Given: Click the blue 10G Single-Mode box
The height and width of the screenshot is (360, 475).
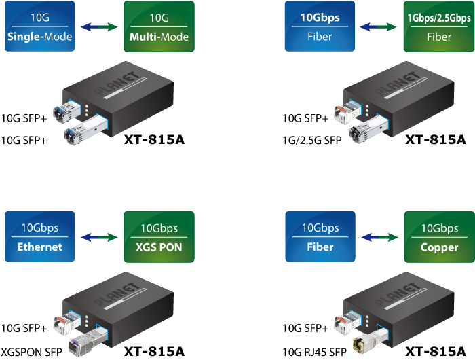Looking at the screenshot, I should [39, 28].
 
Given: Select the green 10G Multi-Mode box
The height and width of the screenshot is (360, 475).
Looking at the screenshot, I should [158, 28].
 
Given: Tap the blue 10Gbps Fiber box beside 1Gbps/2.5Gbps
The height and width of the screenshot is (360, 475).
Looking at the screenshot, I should [320, 28].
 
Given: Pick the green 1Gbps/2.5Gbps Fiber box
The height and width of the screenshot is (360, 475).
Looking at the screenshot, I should [438, 28].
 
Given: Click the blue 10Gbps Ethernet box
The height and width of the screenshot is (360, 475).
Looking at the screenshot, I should [39, 237].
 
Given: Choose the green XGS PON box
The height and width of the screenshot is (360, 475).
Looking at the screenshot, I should [158, 237].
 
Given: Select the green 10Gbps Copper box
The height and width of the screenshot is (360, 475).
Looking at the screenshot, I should [438, 237].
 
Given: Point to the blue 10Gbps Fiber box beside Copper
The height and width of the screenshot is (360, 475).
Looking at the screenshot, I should [320, 237].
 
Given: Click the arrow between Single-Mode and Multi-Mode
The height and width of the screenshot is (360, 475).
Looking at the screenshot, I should [99, 27].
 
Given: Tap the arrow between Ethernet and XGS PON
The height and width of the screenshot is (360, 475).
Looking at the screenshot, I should [99, 237].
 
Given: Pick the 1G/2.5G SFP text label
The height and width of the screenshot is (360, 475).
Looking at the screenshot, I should [311, 141].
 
